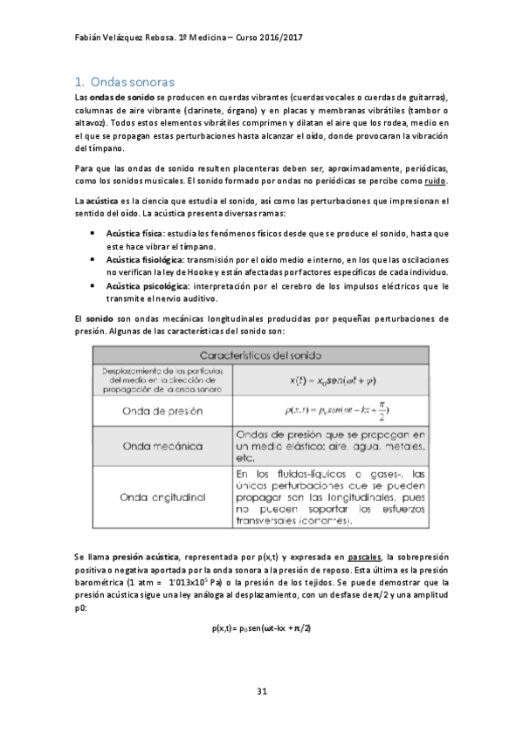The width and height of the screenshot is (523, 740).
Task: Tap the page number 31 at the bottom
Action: tap(261, 692)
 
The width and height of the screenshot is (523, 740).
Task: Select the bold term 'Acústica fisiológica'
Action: tap(144, 260)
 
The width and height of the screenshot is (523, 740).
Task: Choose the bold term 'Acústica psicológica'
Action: tap(145, 285)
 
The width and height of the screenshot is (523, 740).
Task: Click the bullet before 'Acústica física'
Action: tap(93, 235)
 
